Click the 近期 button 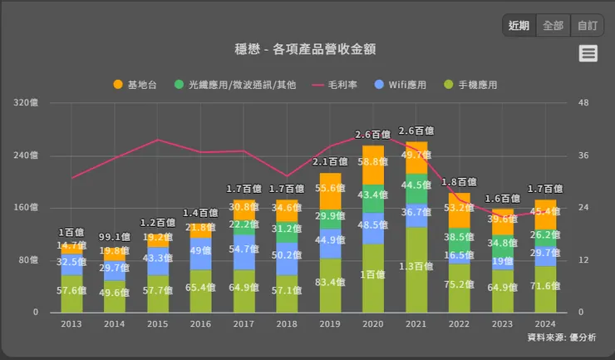[519, 25]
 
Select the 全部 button [553, 25]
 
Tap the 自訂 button [587, 25]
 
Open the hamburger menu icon [588, 53]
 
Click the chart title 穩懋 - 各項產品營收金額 [307, 49]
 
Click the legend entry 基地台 [136, 85]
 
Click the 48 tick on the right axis [583, 103]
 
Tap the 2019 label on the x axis [330, 324]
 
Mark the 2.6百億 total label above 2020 [373, 135]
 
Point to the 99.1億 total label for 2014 [114, 236]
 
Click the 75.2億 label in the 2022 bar [460, 284]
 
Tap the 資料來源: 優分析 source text [566, 338]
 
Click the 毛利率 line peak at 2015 [158, 140]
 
